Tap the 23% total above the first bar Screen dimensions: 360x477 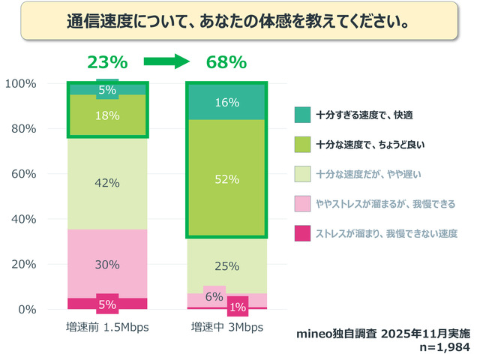tap(107, 62)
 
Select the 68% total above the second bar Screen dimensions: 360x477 tap(226, 62)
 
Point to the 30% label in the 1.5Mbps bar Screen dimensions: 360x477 tap(107, 263)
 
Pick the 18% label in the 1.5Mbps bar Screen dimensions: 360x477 tap(107, 115)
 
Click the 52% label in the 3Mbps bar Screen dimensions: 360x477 tap(226, 179)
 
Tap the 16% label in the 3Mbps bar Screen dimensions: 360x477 tap(226, 102)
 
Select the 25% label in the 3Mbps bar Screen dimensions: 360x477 tap(226, 266)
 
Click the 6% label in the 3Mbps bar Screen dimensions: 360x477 tap(214, 296)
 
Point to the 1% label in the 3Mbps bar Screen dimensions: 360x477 tap(238, 306)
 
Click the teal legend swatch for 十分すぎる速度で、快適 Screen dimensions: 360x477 tap(301, 115)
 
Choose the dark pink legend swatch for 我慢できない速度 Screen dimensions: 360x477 tap(301, 234)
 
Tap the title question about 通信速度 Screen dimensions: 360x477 tap(238, 20)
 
